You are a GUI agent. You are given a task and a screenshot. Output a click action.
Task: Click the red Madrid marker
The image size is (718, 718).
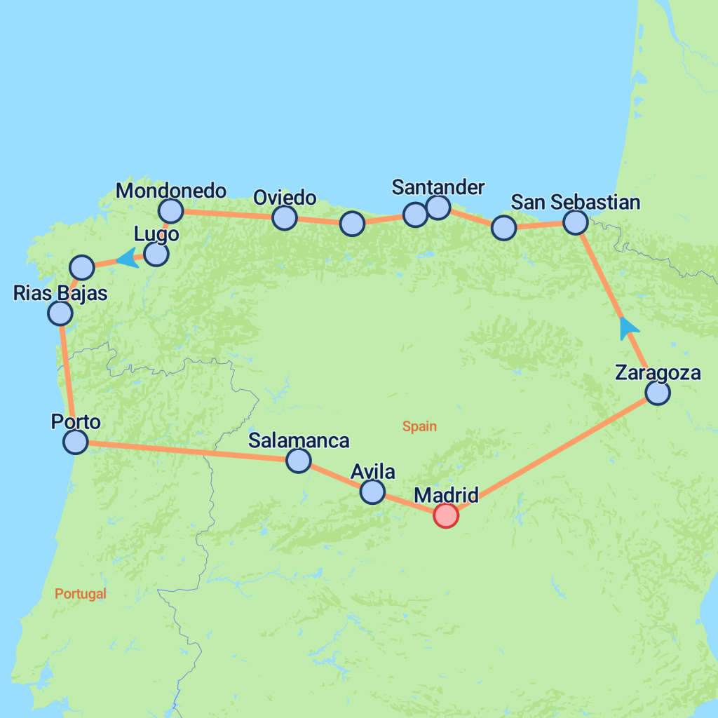point(446,515)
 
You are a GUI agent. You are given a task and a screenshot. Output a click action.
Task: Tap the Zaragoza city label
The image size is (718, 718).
point(657,372)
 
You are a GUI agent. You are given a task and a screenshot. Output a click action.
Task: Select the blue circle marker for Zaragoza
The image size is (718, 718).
point(658,393)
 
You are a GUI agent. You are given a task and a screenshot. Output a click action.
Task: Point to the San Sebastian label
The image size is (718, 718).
point(575,202)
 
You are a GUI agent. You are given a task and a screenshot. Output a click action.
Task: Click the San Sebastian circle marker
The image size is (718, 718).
point(575,222)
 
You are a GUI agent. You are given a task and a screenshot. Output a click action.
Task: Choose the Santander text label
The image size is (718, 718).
point(438,187)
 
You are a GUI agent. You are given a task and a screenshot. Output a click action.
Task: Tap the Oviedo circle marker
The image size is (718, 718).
point(284,218)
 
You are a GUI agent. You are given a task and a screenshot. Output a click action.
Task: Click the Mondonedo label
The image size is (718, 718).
point(170,190)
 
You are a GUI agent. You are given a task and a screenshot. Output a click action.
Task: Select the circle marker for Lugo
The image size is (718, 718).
point(156,254)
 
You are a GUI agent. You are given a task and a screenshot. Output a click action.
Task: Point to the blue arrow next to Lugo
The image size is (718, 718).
point(126,258)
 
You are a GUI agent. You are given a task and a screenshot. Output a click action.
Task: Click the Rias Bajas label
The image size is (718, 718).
point(60,292)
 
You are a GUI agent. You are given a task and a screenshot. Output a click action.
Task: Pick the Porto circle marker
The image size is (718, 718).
point(75,442)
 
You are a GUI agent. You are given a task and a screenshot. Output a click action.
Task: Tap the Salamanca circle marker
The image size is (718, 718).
point(299,461)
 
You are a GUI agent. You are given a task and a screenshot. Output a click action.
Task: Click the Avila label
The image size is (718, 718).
point(372,471)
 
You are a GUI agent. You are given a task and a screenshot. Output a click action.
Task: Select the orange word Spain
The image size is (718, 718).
point(419,426)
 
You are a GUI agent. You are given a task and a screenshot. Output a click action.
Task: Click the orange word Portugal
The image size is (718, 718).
point(81,594)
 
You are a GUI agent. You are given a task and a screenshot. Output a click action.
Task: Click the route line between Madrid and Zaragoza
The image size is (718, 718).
point(554,453)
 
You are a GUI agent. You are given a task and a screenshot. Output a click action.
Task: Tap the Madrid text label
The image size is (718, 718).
point(446,495)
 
